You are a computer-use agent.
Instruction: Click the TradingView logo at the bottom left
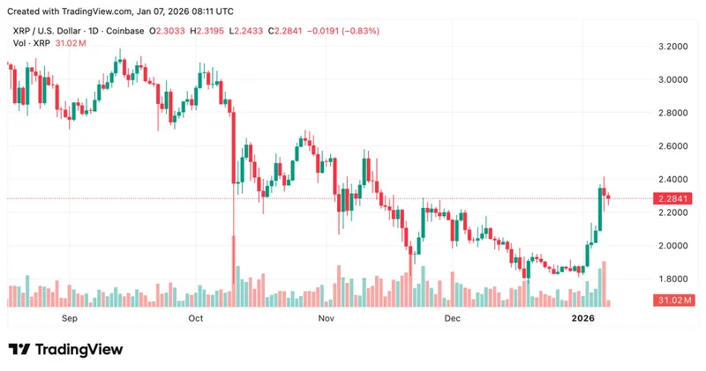65,350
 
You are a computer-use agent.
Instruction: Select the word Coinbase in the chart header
125,31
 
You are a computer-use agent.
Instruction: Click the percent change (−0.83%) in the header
355,31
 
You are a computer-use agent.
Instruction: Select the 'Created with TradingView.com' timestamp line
121,11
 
